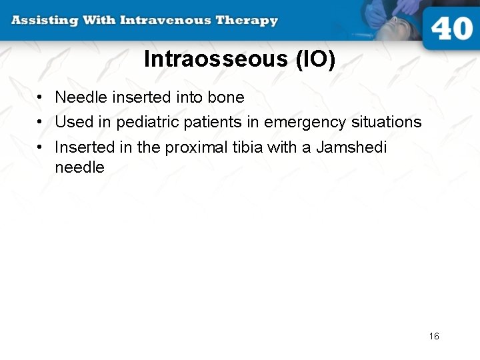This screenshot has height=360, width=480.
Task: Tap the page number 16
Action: (x=434, y=336)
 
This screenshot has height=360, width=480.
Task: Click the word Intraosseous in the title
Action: (x=215, y=59)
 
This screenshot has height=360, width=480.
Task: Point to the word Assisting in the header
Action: (x=44, y=20)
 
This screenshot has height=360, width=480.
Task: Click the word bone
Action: (x=226, y=97)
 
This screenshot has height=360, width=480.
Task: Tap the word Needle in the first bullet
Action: (x=81, y=97)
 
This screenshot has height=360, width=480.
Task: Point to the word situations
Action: (x=386, y=123)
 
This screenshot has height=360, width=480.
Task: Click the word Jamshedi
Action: (x=351, y=147)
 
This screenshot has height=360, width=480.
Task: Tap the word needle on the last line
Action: (x=79, y=168)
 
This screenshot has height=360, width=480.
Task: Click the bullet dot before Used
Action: (x=41, y=123)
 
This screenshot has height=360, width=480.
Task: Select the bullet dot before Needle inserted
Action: (x=41, y=97)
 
